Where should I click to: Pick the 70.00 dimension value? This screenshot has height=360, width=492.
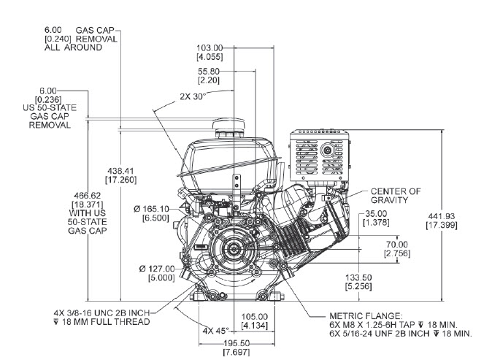point(397,245)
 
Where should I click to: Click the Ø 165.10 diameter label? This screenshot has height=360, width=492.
point(152,210)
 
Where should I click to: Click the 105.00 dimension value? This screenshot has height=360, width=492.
point(255,317)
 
